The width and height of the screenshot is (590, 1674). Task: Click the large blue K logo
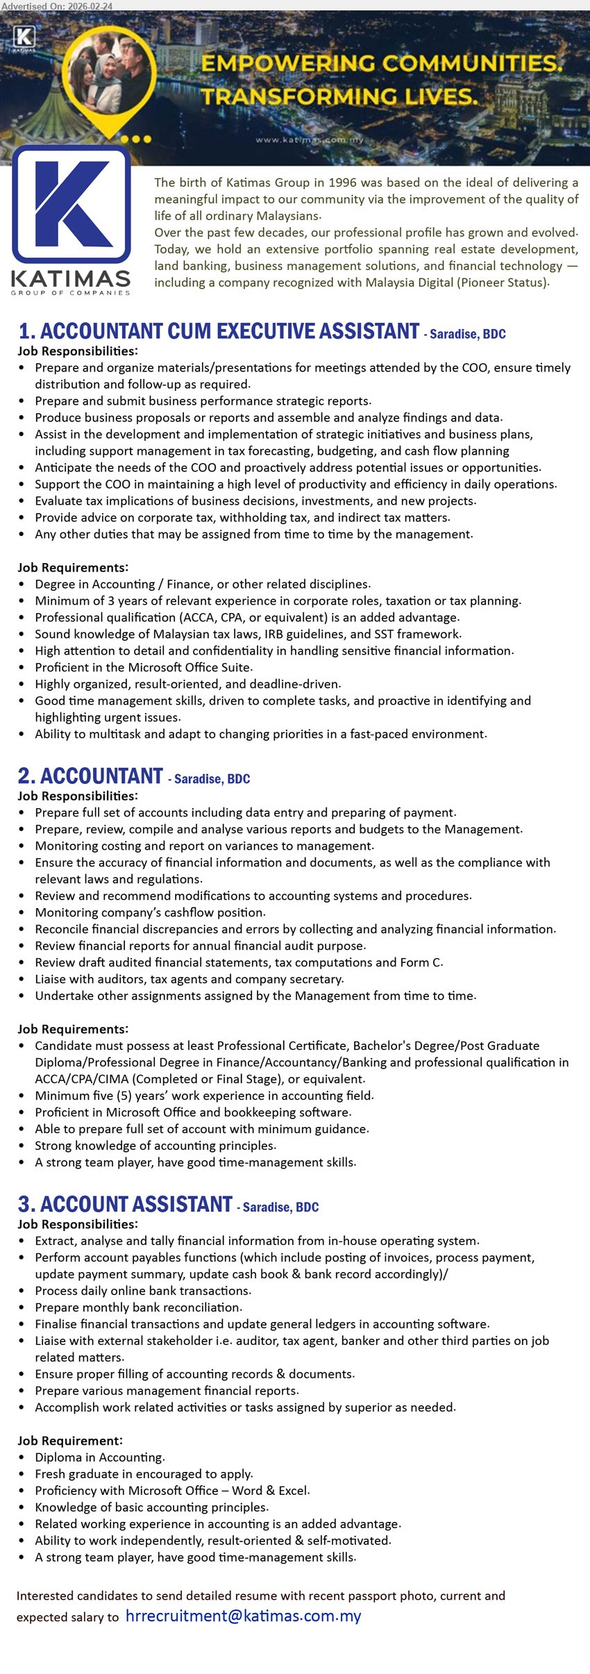(71, 205)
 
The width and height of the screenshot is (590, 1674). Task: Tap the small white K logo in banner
(24, 37)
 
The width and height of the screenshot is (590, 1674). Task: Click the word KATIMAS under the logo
(71, 279)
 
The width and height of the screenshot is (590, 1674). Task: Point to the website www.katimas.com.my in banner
(310, 140)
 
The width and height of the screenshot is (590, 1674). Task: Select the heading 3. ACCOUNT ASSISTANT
(125, 1205)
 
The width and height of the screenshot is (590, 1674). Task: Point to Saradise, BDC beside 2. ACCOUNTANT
(212, 779)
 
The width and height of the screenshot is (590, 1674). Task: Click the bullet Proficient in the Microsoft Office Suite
(144, 667)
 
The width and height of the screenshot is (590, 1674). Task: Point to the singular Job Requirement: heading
(69, 1441)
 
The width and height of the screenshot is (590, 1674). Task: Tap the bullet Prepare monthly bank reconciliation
(138, 1307)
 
